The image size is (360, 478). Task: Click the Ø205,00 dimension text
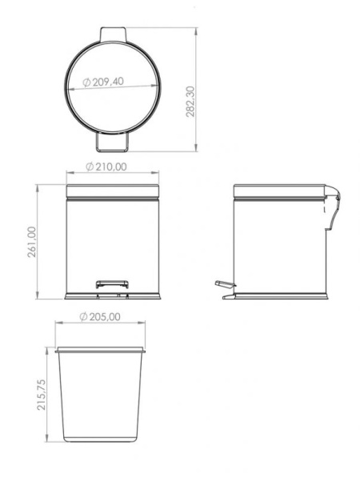click(102, 316)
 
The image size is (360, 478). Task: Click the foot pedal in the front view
click(112, 283)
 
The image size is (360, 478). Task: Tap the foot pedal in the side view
click(223, 283)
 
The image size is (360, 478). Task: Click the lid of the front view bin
click(112, 191)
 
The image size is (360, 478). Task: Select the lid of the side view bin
click(280, 191)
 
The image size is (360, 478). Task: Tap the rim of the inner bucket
click(101, 350)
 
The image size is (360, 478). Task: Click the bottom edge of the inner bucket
click(101, 441)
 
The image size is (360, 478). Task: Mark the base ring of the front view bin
click(112, 295)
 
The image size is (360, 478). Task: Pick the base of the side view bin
click(276, 295)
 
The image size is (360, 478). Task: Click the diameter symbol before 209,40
click(86, 83)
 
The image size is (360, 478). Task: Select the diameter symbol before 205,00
click(84, 317)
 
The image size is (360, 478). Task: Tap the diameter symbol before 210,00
click(90, 167)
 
